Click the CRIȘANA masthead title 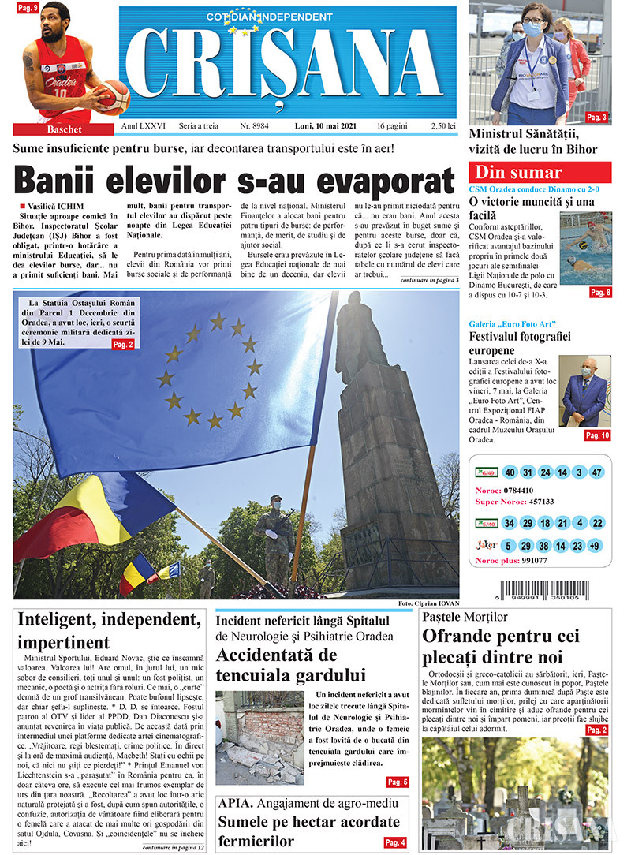pos(288,67)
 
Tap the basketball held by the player pos(112,97)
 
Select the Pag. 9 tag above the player pos(28,8)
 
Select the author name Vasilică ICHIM pos(55,206)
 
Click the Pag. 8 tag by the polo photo pos(600,293)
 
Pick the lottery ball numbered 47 pos(596,472)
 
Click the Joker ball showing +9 pos(596,545)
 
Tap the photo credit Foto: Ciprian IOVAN pos(428,603)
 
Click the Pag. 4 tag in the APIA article pos(395,842)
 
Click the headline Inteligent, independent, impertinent pos(109,629)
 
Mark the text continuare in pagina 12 pos(173,847)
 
